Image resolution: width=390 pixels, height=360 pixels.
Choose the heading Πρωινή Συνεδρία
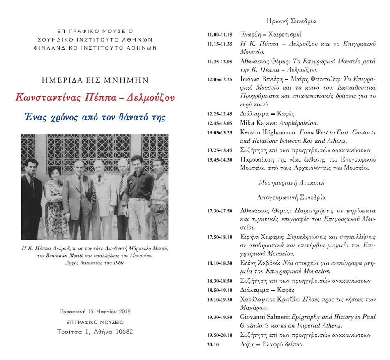pos(291,21)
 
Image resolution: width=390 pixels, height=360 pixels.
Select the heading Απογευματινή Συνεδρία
pos(291,197)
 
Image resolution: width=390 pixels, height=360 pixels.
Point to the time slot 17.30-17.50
pos(220,211)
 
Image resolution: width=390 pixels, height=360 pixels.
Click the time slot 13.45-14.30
pos(220,159)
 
